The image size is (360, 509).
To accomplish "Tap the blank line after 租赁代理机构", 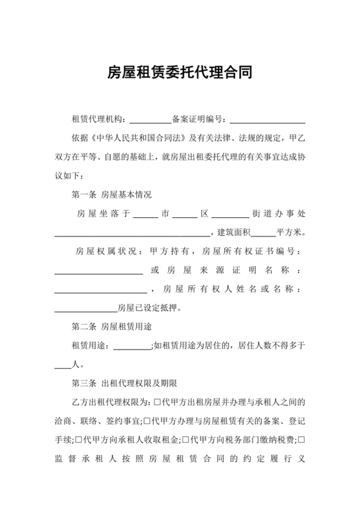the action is [x=151, y=120].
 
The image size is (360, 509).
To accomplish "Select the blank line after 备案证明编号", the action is [x=267, y=120].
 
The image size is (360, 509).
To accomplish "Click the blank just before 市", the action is [x=146, y=213].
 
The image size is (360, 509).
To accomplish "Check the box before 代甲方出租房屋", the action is [x=158, y=403].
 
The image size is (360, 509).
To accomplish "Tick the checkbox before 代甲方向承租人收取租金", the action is [x=78, y=441].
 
